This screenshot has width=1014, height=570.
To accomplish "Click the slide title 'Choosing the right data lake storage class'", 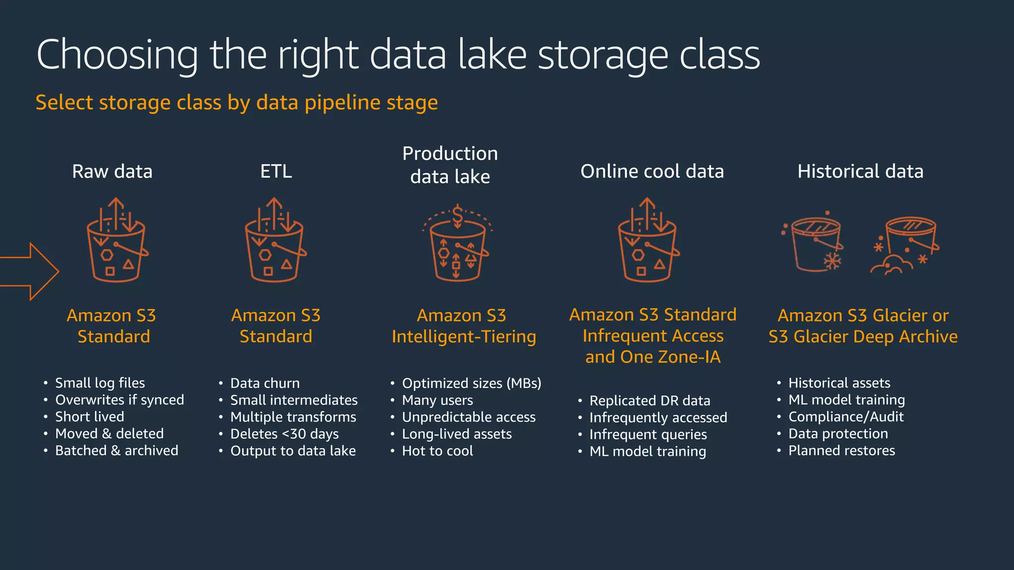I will point(398,54).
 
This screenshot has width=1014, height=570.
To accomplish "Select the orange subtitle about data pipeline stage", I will point(236,102).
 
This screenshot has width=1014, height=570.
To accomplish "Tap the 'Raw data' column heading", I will point(112,171).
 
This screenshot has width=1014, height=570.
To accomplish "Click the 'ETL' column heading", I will point(276,171).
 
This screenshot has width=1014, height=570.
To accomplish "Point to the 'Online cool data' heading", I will point(652,171).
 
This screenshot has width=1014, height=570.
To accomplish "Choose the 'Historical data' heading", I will point(860,171).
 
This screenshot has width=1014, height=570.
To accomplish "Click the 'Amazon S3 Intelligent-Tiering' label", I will point(463,326).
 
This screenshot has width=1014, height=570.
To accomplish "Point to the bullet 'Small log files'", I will point(100,383).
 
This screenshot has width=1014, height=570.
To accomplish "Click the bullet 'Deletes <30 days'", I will point(284,434).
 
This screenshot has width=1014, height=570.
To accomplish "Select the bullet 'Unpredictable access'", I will point(468,417).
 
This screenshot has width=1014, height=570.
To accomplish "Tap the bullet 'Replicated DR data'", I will point(650,401).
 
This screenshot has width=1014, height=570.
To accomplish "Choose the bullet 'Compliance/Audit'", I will point(846,417).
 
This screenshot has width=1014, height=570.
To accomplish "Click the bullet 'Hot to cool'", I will point(437,451).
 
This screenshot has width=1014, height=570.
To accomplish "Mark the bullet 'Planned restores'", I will point(841,450).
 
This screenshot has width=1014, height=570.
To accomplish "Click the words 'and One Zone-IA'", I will point(653,357).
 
